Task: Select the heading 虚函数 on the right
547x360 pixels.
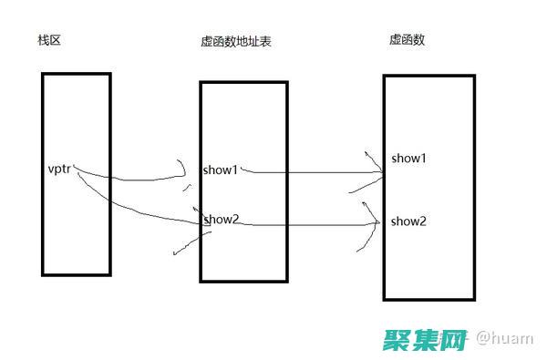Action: [x=408, y=40]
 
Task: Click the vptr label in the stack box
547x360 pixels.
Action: [x=60, y=169]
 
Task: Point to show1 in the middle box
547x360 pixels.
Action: [x=222, y=169]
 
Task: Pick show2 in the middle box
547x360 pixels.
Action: [x=222, y=219]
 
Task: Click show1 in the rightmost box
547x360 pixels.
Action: [x=409, y=158]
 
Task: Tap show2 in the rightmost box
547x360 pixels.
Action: [x=409, y=221]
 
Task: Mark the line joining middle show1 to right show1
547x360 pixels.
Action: [x=310, y=170]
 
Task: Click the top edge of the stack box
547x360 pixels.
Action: [x=76, y=74]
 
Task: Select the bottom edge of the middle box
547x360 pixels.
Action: [x=243, y=280]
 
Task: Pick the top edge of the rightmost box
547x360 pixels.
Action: [x=428, y=76]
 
